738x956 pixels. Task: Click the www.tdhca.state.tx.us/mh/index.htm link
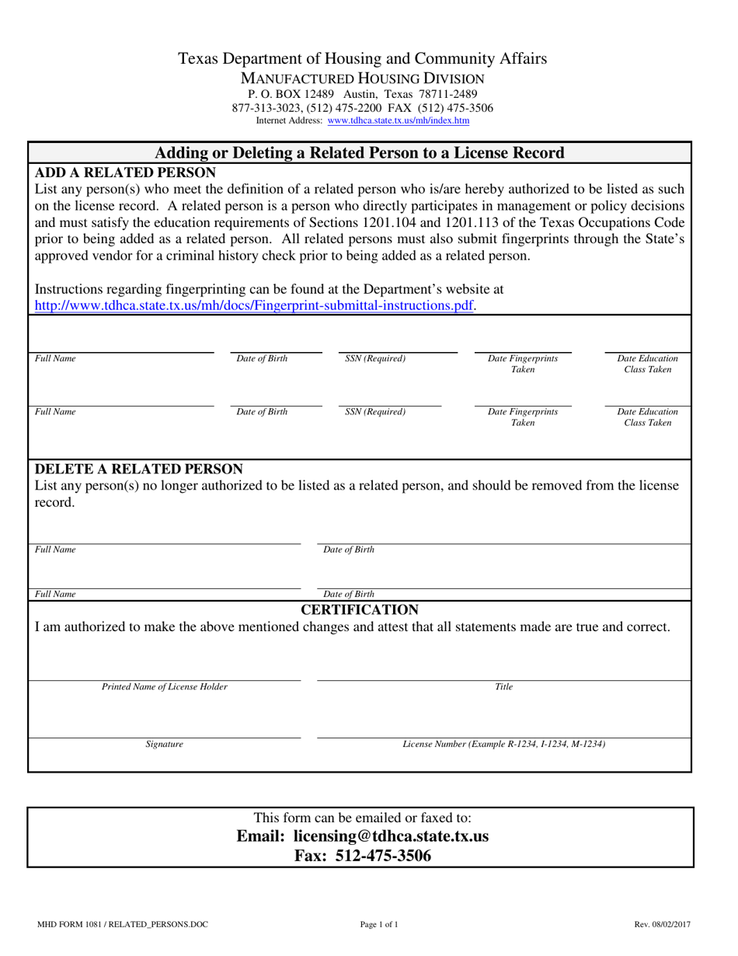click(398, 121)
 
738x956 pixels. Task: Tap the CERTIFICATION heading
click(360, 609)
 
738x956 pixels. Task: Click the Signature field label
click(165, 745)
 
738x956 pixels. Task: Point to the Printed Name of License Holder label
click(165, 687)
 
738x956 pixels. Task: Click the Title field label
click(504, 687)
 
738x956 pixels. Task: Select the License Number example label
click(504, 745)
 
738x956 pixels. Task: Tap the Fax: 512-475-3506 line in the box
click(362, 856)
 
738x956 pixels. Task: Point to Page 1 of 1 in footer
click(379, 925)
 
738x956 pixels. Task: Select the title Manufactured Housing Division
click(362, 79)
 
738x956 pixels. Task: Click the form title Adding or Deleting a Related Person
click(360, 152)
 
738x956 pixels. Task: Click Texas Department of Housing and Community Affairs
click(362, 58)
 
